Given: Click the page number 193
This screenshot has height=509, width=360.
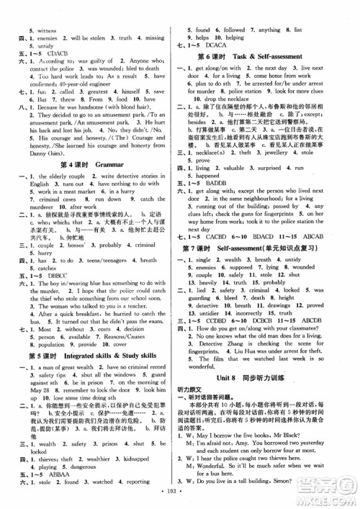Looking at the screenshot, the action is (x=180, y=500).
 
